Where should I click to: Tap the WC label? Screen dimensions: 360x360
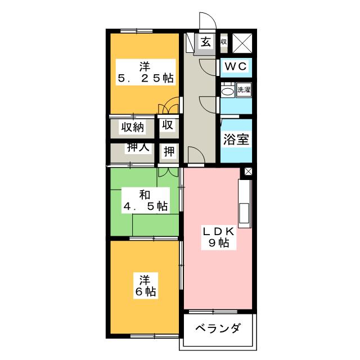click(236, 66)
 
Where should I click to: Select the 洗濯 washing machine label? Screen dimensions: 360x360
click(244, 89)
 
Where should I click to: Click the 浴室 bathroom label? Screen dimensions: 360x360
click(235, 140)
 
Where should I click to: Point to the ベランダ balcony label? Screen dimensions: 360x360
click(219, 328)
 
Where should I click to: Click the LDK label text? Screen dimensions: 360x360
click(219, 231)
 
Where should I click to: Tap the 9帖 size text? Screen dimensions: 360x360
click(219, 244)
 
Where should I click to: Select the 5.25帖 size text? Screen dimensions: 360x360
click(145, 78)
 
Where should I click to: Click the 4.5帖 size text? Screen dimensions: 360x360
click(145, 206)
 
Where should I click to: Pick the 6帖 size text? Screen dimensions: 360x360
click(145, 292)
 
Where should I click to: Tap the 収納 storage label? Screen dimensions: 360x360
click(132, 127)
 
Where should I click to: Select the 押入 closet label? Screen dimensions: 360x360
click(137, 148)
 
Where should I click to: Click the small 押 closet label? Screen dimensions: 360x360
click(169, 151)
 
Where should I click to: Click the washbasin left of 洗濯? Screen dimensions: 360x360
click(227, 90)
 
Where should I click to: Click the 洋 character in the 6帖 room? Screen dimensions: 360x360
click(145, 279)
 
